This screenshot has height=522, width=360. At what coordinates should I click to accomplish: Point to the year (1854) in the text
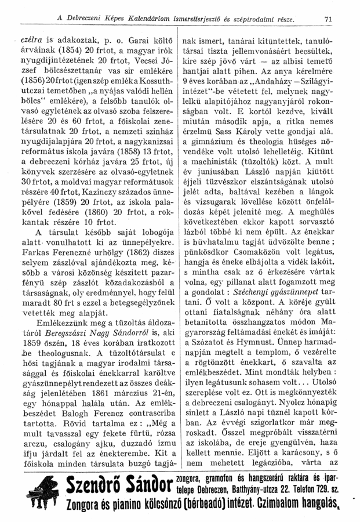61,53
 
